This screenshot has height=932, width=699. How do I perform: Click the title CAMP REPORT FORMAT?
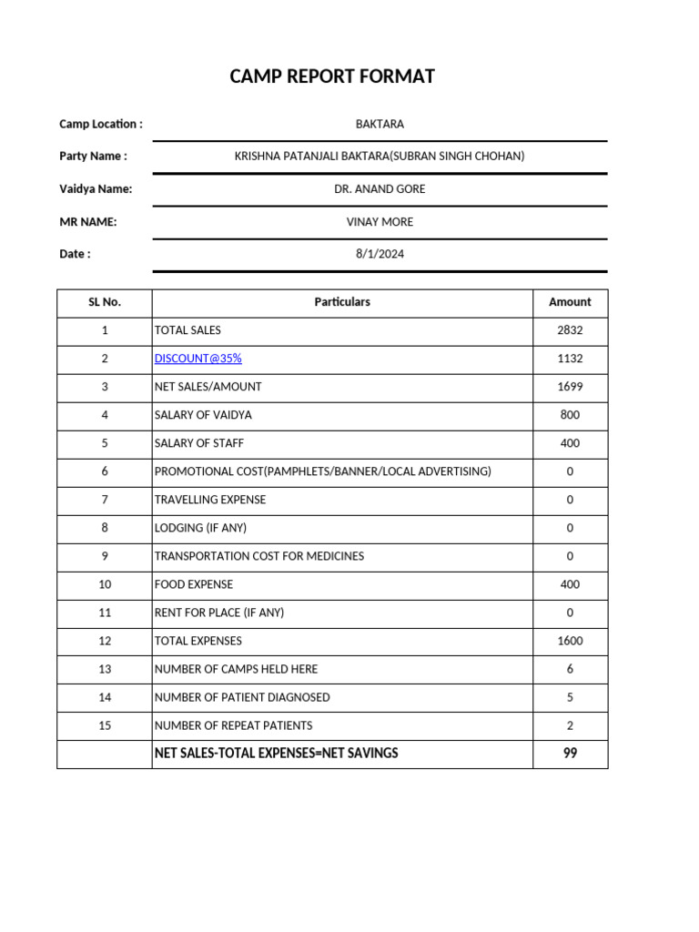coord(332,76)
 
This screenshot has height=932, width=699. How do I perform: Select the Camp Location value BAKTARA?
coord(380,124)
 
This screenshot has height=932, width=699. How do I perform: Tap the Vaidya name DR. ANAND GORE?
coord(380,189)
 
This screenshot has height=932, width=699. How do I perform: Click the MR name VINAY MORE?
coord(380,222)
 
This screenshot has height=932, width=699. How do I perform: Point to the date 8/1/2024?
coord(380,255)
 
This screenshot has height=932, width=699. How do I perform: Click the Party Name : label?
coord(93,157)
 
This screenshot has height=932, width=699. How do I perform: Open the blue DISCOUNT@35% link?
coord(198,359)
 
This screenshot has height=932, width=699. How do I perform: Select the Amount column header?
coord(570,302)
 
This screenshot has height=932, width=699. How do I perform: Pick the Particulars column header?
coord(342,302)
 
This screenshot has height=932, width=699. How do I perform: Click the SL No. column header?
coord(105,302)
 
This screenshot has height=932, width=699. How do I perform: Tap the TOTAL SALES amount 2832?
coord(570,330)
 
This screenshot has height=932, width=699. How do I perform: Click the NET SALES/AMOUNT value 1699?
coord(570,387)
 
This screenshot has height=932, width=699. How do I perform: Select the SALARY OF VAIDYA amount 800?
coord(570,415)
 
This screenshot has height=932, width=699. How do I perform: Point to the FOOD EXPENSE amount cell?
coord(570,584)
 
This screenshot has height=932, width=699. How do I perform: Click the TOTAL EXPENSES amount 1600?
coord(570,641)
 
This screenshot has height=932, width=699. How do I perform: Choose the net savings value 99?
coord(570,754)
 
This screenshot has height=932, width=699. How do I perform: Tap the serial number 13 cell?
coord(105,669)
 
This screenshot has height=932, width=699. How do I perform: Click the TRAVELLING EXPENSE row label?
coord(210,500)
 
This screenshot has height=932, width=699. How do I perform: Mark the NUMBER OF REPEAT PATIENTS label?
coord(233,725)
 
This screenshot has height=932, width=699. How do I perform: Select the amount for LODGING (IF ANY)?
coord(570,528)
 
